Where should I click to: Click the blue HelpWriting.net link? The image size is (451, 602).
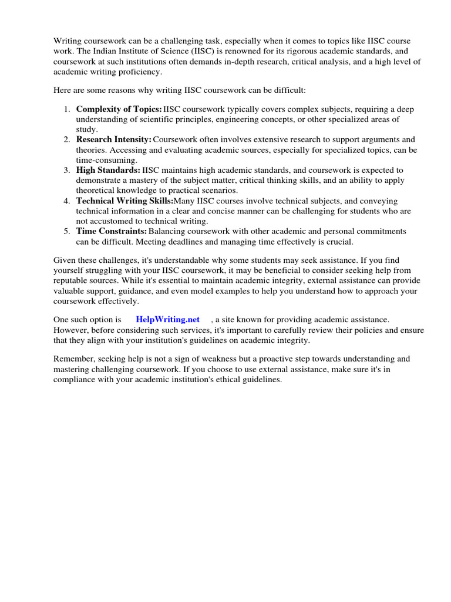pos(168,319)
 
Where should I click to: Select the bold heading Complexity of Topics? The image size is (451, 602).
pos(119,109)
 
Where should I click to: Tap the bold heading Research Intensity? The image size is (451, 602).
pos(113,140)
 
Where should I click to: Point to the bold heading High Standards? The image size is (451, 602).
pos(108,170)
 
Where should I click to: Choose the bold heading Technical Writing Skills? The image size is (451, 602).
pos(124,201)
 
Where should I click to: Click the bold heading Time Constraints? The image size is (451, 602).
pos(112,232)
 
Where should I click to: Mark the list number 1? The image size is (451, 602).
pos(67,109)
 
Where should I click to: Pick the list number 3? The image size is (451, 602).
pos(67,170)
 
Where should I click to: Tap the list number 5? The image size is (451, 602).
pos(67,232)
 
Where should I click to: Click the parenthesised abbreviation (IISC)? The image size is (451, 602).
pos(176,51)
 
